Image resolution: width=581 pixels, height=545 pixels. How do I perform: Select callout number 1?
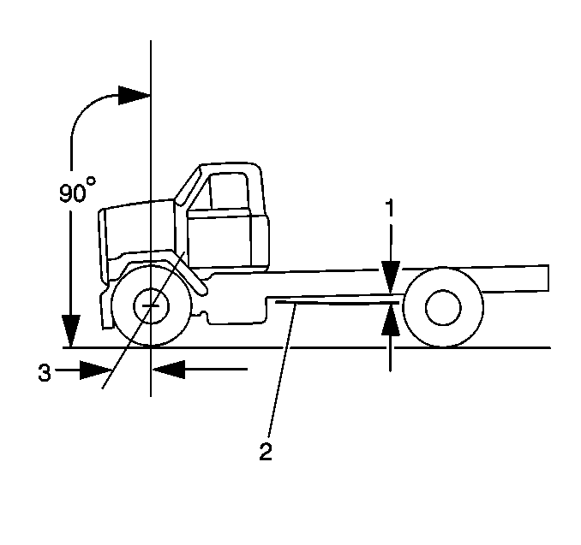391,209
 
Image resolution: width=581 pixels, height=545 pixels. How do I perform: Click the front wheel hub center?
152,305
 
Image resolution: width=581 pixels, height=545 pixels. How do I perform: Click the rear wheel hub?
442,308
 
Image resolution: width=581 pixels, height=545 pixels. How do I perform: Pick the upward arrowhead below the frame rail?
391,319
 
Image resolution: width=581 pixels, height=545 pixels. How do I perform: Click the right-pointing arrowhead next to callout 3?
99,370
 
